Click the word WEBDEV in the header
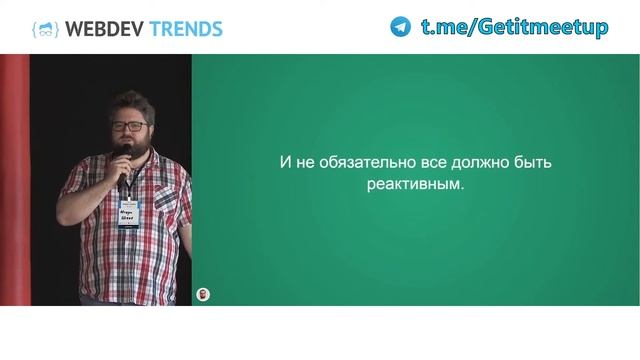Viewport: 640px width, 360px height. pyautogui.click(x=104, y=28)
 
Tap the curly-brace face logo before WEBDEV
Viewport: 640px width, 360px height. pyautogui.click(x=45, y=28)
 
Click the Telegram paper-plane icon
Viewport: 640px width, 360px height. pyautogui.click(x=401, y=27)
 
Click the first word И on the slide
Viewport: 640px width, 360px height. pyautogui.click(x=283, y=163)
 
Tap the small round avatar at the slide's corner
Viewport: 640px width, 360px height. pyautogui.click(x=204, y=294)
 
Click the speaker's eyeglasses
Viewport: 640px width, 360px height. pyautogui.click(x=128, y=126)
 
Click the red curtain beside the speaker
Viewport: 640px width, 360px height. pyautogui.click(x=14, y=180)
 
